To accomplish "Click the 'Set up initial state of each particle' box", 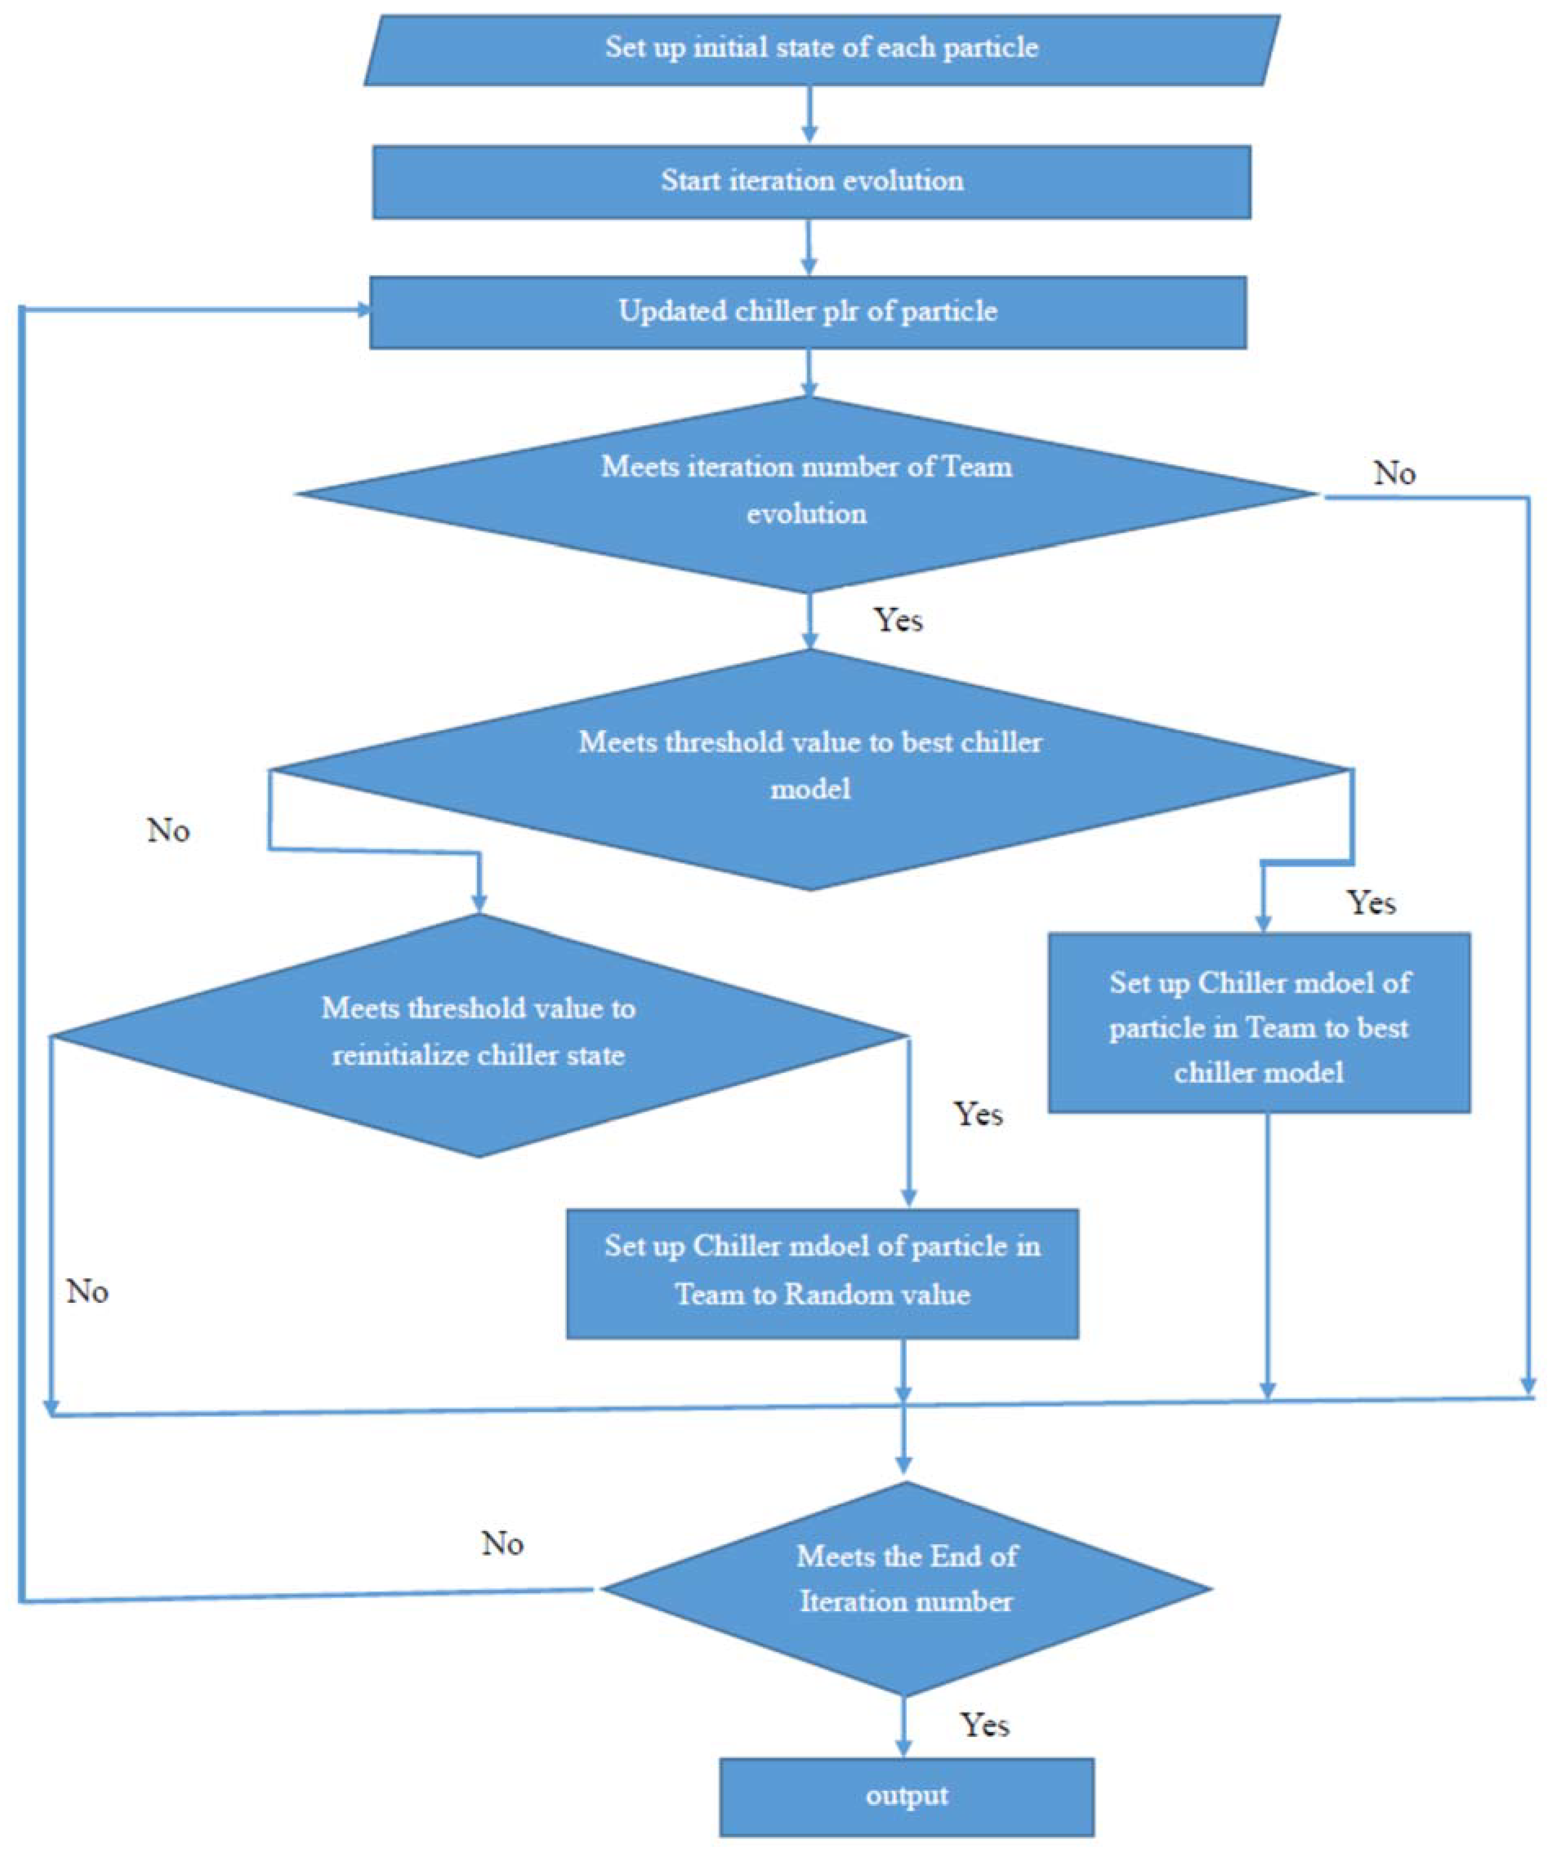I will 821,49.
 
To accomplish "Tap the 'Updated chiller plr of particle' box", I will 807,312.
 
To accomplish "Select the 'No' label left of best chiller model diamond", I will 168,831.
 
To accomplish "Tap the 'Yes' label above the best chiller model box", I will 1371,903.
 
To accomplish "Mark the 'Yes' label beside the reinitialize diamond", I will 978,1115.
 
